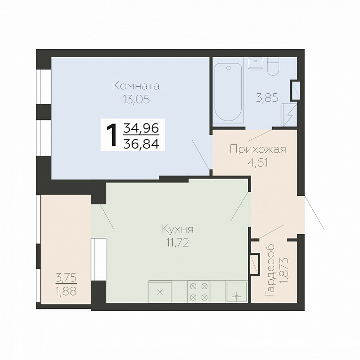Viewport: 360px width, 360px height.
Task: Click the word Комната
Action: [137, 86]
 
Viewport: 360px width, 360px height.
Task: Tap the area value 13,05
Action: [136, 99]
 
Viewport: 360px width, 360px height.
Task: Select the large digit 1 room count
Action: [112, 135]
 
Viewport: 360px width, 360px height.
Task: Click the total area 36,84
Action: [142, 144]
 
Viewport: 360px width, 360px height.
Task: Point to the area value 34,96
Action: [142, 128]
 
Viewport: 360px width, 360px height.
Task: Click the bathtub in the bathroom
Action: [228, 92]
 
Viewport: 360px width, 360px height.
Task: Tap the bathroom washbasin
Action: [256, 62]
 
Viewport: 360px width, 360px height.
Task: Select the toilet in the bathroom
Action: [273, 66]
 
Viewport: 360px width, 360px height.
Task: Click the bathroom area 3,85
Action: [267, 98]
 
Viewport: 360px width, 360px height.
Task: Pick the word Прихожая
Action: [258, 149]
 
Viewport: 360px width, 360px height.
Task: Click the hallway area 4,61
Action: [258, 163]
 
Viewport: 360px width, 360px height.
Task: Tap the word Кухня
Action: [178, 229]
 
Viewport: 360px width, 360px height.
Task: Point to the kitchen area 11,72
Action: [178, 242]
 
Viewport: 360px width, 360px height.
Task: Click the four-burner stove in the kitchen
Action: [199, 292]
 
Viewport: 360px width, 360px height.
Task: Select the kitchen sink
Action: [237, 292]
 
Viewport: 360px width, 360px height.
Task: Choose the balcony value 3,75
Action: [66, 278]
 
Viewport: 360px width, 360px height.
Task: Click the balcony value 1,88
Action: [66, 292]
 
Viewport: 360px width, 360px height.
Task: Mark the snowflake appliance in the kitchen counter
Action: [160, 292]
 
